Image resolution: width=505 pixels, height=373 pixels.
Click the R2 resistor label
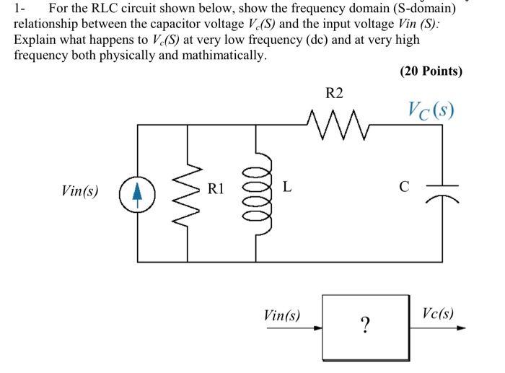[x=335, y=93]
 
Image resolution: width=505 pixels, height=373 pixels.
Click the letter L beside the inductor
[x=287, y=188]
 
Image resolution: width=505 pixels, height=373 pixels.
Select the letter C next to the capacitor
[x=405, y=188]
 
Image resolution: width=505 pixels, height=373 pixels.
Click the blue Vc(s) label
[x=430, y=113]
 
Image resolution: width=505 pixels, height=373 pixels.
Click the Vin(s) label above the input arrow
[x=282, y=315]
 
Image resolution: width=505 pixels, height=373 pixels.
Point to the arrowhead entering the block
[x=318, y=328]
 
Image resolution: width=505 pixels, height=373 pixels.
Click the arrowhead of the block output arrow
[x=461, y=328]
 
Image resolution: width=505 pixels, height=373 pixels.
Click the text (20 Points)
[x=430, y=71]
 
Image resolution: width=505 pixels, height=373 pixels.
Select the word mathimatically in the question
[x=220, y=55]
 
